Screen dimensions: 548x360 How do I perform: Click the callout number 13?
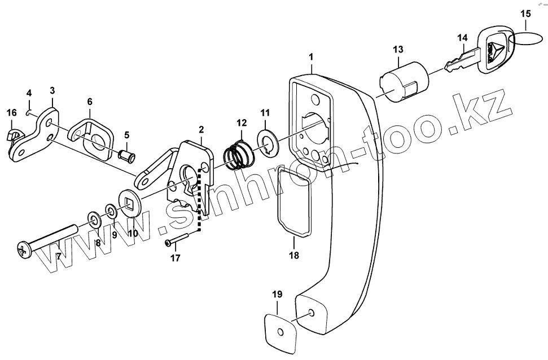tap(398, 50)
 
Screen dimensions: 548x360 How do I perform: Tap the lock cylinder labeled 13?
tap(404, 82)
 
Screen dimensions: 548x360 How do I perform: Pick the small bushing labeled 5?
tap(127, 156)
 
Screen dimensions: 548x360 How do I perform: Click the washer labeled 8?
tap(94, 220)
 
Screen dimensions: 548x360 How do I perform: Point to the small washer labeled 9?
tap(112, 212)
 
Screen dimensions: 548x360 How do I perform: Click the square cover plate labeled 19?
tap(279, 328)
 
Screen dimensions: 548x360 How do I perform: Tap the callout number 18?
tap(294, 255)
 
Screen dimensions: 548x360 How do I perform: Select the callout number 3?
tap(52, 91)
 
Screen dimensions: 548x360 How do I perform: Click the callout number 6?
tap(90, 102)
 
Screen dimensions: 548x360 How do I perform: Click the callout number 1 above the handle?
tap(311, 56)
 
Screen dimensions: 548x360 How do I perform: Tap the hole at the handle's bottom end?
tap(312, 313)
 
